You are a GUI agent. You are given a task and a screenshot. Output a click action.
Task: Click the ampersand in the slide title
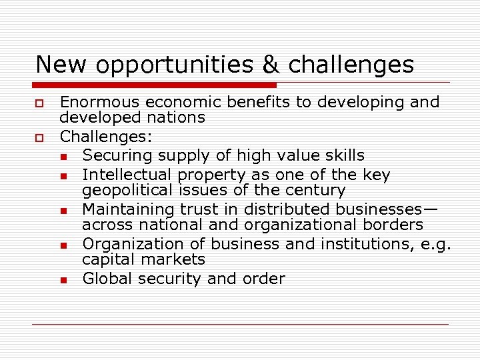(x=271, y=65)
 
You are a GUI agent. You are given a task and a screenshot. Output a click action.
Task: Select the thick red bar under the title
(x=155, y=85)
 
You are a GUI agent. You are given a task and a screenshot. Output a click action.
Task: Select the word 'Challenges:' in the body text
(x=106, y=137)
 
